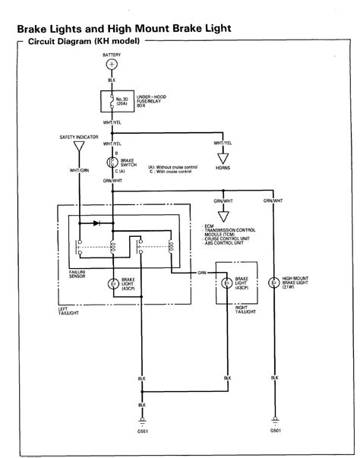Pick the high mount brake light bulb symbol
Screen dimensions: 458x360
[x=273, y=283]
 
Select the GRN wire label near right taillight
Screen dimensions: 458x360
[x=202, y=271]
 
